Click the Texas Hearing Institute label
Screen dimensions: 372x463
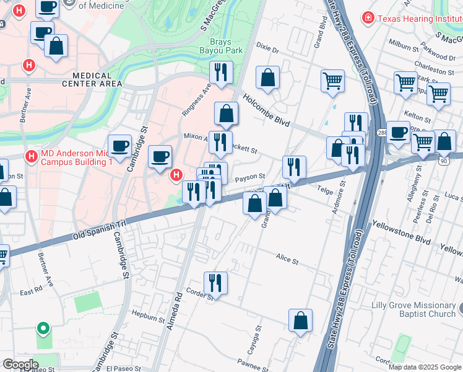tap(416, 18)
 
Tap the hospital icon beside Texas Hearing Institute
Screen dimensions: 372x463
tap(369, 18)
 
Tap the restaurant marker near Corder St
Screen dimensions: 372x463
tap(215, 282)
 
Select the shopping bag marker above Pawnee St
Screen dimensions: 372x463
tap(300, 321)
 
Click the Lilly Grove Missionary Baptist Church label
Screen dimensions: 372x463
tap(413, 310)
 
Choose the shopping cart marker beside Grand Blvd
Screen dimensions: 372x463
tap(333, 81)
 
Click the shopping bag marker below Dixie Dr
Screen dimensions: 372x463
tap(268, 78)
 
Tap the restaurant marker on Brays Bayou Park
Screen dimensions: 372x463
tap(221, 73)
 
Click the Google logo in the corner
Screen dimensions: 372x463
tap(20, 365)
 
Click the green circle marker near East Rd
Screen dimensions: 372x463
tap(43, 328)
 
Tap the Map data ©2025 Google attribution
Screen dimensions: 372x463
tap(425, 367)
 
